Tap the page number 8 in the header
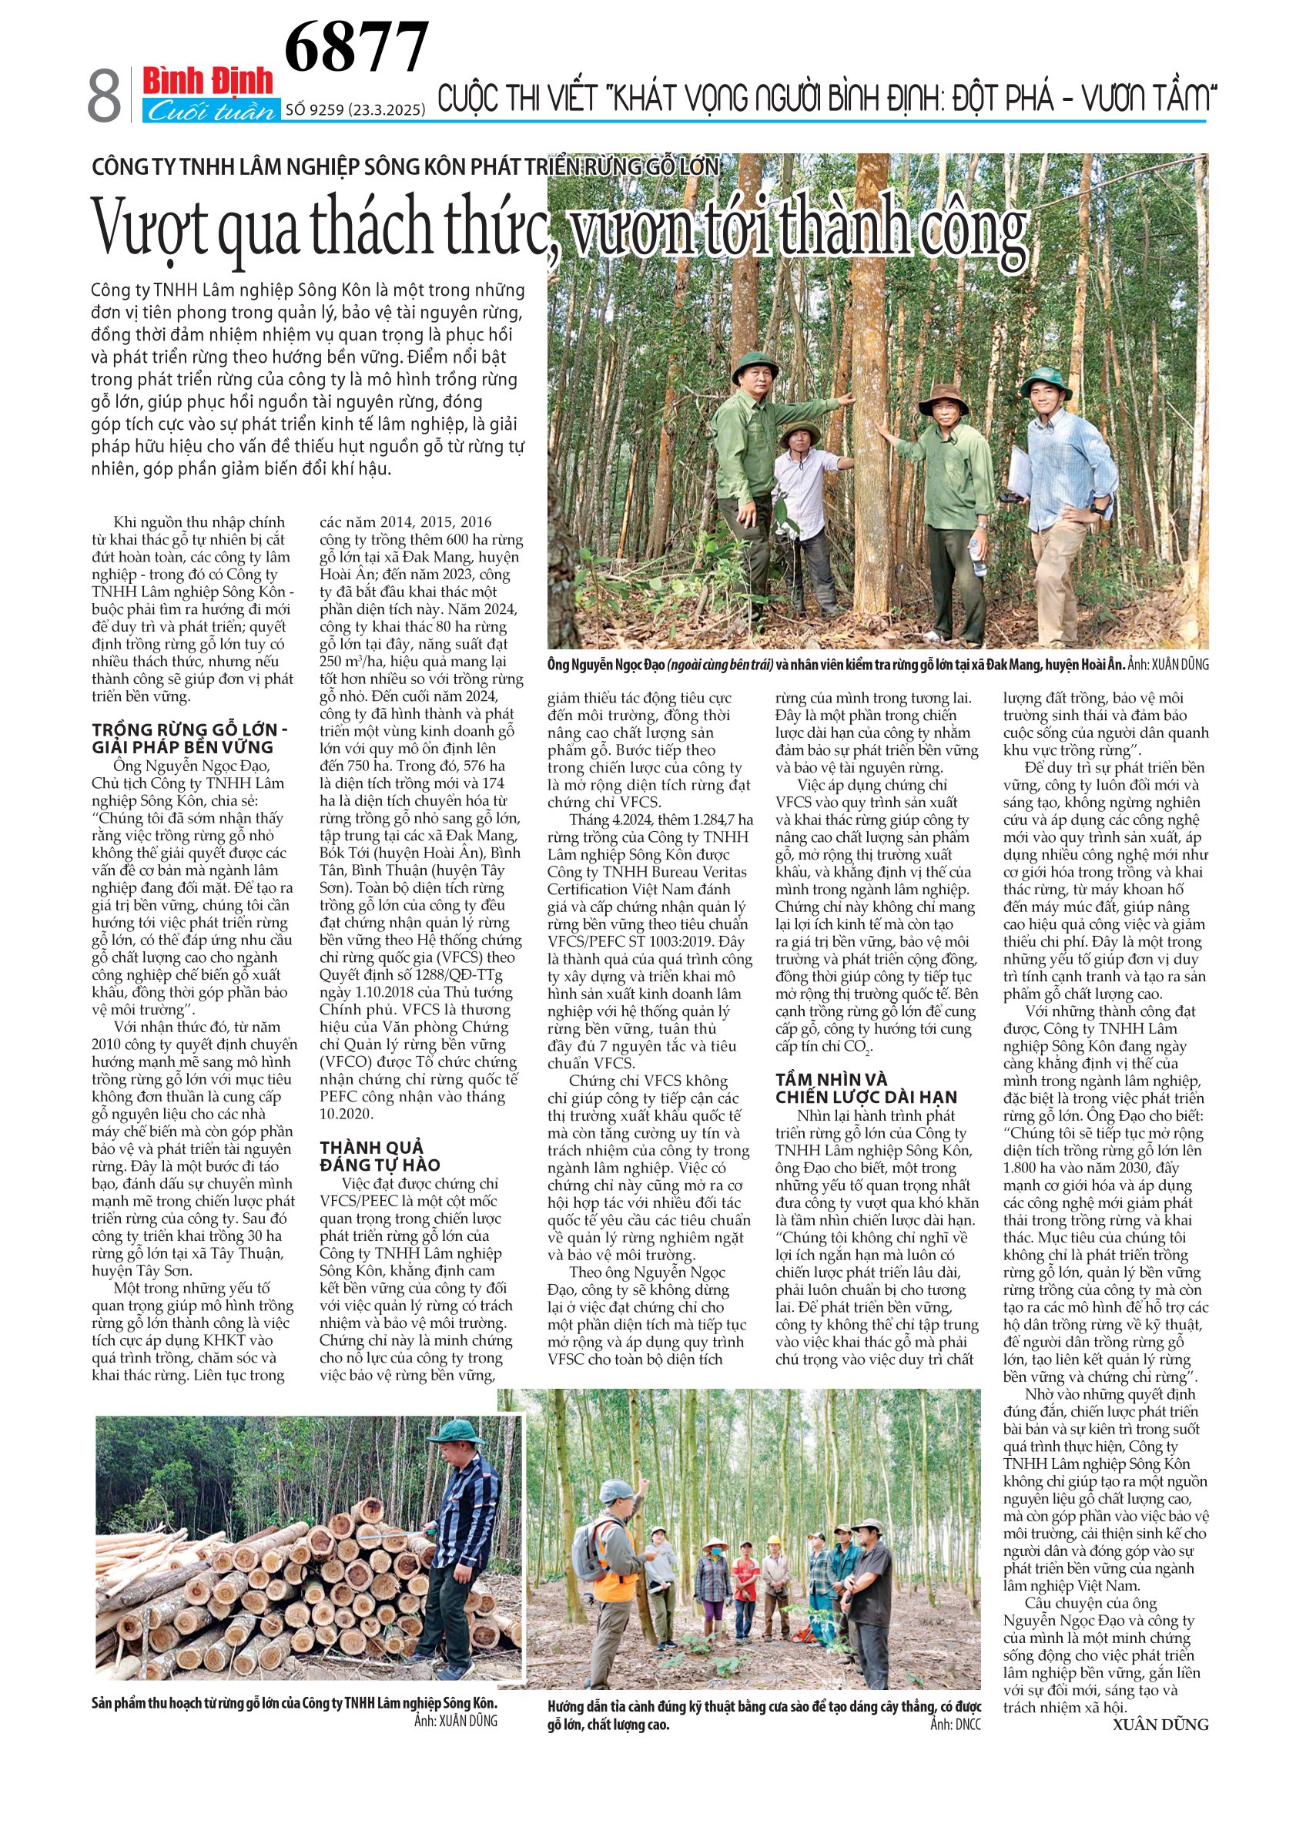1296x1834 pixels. coord(104,96)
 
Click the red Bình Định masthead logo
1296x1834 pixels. coord(208,81)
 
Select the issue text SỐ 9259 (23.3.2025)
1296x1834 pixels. coord(354,110)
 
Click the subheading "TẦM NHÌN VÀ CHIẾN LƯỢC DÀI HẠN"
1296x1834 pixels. coord(866,1088)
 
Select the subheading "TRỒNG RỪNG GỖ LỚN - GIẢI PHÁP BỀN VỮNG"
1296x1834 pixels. coord(190,738)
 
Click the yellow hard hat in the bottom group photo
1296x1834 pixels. coord(774,1539)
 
